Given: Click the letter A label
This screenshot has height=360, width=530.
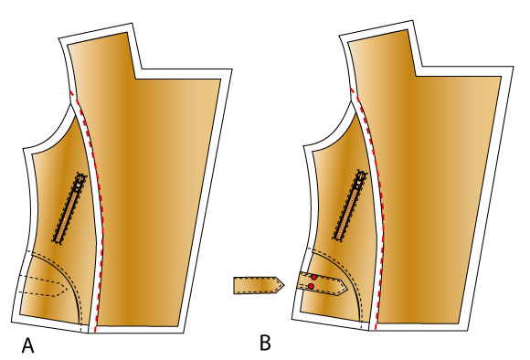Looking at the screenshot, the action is (x=28, y=344).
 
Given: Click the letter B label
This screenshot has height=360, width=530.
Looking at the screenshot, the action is (x=265, y=343).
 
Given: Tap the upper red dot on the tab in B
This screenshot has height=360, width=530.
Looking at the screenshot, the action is (x=314, y=277).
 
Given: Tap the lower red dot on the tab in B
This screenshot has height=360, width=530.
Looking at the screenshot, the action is (x=311, y=286).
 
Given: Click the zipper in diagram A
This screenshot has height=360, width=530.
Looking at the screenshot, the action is (x=69, y=208).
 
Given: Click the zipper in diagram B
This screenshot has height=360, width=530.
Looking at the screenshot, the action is (x=350, y=206).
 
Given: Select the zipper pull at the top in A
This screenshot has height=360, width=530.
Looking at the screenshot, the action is (x=80, y=179).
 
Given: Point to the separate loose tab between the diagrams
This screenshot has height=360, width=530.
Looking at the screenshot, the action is (x=259, y=285).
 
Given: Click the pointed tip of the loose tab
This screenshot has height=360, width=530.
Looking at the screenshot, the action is (x=284, y=285).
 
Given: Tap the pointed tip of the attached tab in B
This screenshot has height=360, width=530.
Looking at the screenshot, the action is (x=347, y=287).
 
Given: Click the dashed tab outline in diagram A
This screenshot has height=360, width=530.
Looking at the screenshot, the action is (x=43, y=286).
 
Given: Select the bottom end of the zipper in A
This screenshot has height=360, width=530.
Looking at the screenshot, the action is (x=57, y=240).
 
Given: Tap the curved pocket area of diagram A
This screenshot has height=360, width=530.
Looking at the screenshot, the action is (x=49, y=291).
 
